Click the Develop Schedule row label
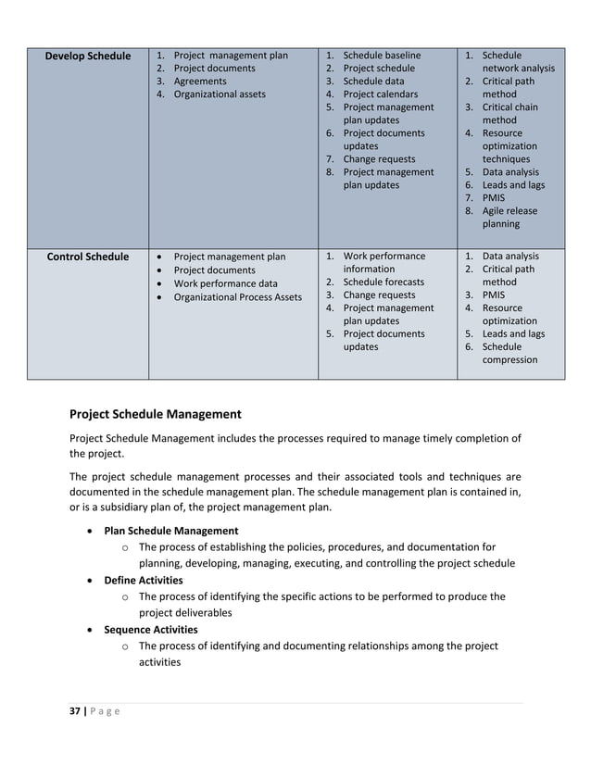(x=88, y=56)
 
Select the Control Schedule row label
(x=88, y=257)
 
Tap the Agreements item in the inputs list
(x=200, y=82)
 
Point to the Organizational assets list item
(x=220, y=94)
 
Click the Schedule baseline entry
(x=381, y=56)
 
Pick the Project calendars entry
(x=380, y=94)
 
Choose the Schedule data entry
(x=373, y=82)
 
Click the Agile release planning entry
(x=509, y=218)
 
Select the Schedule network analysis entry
(x=518, y=62)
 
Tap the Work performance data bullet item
(x=225, y=283)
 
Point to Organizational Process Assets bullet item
(x=237, y=297)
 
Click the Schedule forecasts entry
(x=384, y=282)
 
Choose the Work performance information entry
(x=384, y=262)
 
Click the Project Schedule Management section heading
(x=156, y=414)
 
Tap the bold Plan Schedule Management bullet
(x=170, y=531)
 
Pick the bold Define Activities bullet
(x=143, y=581)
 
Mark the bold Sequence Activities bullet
(x=150, y=630)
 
